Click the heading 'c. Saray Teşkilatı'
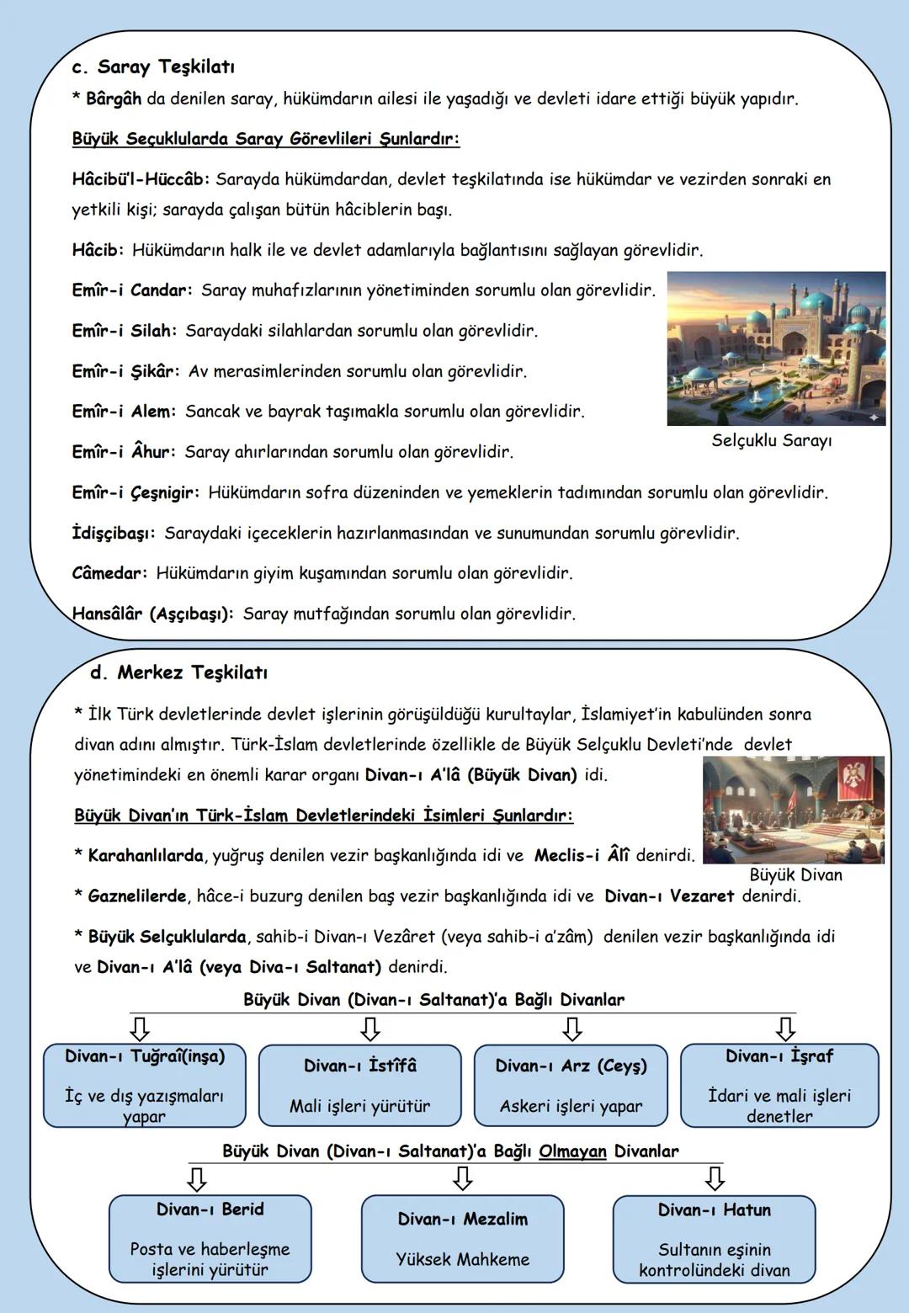pos(153,66)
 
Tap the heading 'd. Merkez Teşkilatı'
pos(179,672)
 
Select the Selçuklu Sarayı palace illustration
pos(775,348)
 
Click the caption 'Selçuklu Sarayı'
pos(771,440)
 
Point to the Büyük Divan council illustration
pos(793,810)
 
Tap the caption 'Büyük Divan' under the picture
pos(795,874)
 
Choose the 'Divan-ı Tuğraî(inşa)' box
pos(145,1086)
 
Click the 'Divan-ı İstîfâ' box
pos(360,1086)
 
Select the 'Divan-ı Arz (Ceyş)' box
pos(571,1086)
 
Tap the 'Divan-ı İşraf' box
pos(779,1086)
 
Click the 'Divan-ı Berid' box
pos(210,1239)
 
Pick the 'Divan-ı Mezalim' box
pos(463,1239)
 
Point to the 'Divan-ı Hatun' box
pos(714,1239)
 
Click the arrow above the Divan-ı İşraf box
pos(785,1029)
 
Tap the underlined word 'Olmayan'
pos(572,1151)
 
